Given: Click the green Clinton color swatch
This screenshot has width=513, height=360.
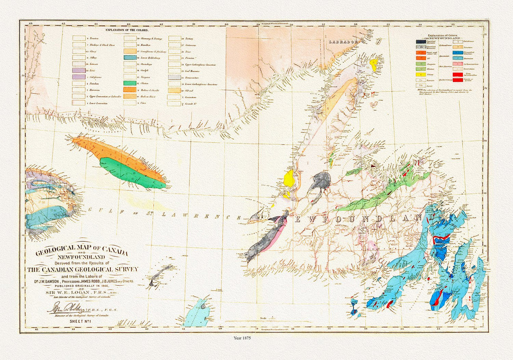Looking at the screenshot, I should tap(130, 83).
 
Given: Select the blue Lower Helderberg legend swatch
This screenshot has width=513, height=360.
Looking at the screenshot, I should tap(130, 58).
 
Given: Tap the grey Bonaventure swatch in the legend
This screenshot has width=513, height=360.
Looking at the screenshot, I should tap(175, 77).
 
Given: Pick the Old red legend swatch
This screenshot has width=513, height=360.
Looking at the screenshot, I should tap(175, 91).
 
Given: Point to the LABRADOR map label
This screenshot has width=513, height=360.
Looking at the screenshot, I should tap(343, 42).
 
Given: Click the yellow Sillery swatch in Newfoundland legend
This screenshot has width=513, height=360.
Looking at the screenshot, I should tap(421, 75).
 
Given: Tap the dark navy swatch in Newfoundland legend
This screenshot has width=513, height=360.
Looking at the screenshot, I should tap(421, 42).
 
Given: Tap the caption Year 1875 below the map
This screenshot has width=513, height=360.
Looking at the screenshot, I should tap(242, 338).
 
